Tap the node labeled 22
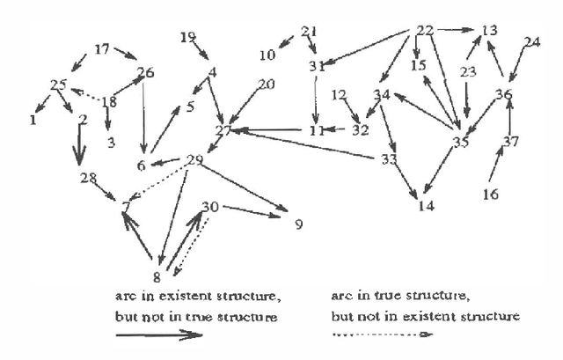(x=426, y=31)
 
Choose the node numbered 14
(x=427, y=207)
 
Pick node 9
(x=298, y=224)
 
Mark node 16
(x=493, y=193)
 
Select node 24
(x=531, y=42)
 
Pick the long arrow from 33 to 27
(x=308, y=143)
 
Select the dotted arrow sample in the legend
(x=383, y=334)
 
